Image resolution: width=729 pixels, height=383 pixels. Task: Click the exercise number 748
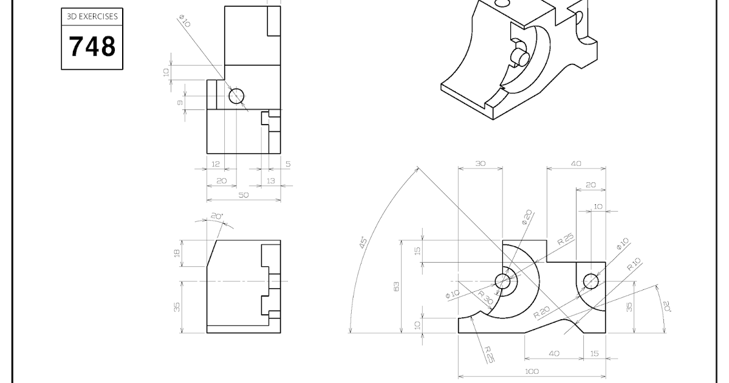point(92,46)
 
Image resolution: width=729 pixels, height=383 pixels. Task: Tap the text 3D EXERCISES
point(92,18)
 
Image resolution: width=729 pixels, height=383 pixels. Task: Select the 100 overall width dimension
point(532,371)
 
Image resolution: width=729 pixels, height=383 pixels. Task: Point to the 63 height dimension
point(396,286)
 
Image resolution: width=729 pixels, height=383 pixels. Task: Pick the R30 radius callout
point(485,298)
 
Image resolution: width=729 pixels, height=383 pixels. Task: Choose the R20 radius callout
point(542,312)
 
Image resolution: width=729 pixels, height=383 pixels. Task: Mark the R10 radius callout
point(634,264)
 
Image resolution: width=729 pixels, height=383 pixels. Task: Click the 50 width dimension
point(243,195)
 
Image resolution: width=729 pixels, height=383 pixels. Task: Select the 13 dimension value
point(270,181)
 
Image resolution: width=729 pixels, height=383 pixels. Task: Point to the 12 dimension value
point(216,164)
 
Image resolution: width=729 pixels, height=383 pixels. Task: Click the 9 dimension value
point(180,103)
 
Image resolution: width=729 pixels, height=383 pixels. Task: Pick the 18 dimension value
point(177,253)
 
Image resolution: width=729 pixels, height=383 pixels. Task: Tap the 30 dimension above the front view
point(480,163)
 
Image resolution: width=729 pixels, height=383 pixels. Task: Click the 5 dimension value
point(287,164)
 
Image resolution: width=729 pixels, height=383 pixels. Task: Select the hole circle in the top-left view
point(236,95)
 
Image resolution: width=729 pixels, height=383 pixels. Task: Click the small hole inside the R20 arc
point(590,281)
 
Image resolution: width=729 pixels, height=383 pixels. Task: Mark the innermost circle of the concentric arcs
point(502,281)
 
